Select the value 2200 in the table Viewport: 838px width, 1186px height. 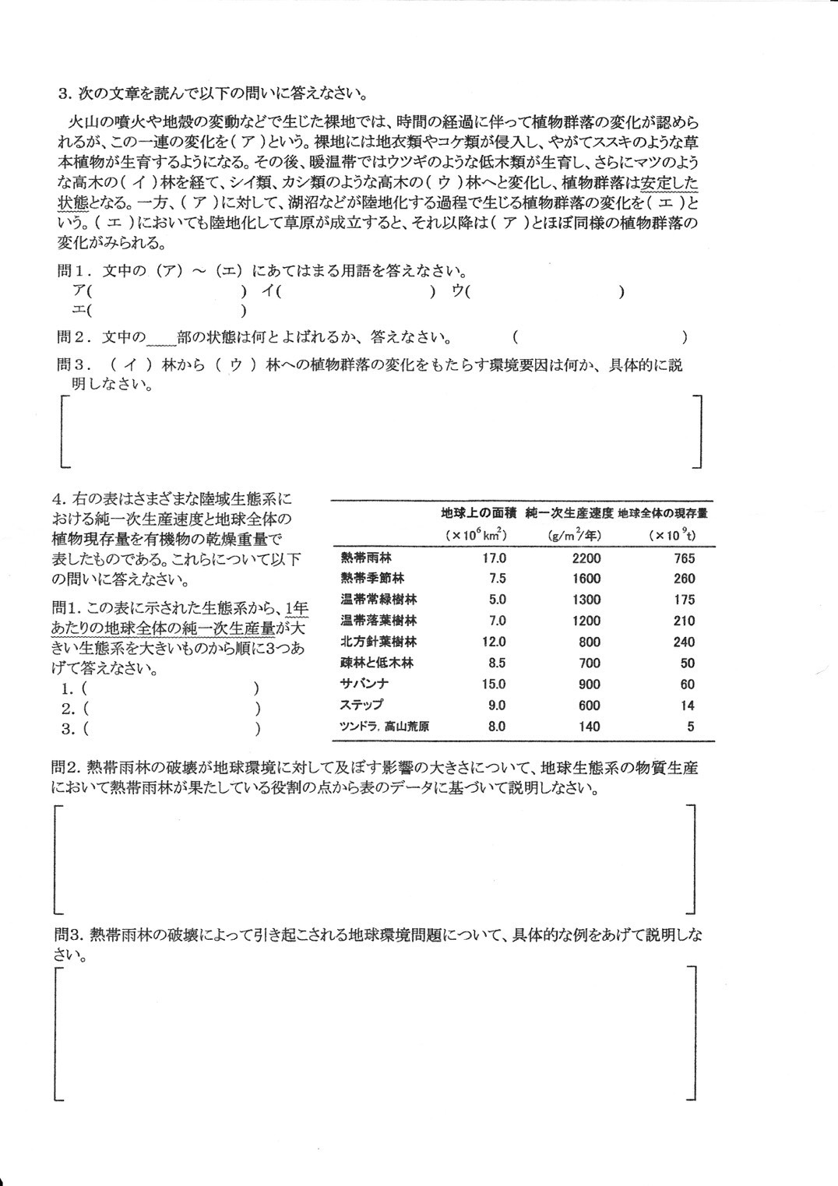tap(586, 558)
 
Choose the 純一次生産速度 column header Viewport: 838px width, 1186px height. tap(569, 513)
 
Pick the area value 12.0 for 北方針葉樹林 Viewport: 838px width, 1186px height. tap(494, 642)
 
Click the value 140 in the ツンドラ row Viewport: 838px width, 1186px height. tap(590, 726)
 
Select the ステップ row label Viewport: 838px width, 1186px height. tap(362, 705)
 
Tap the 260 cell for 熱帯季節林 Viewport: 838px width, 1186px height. tap(683, 579)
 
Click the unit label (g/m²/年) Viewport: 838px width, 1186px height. tap(574, 535)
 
